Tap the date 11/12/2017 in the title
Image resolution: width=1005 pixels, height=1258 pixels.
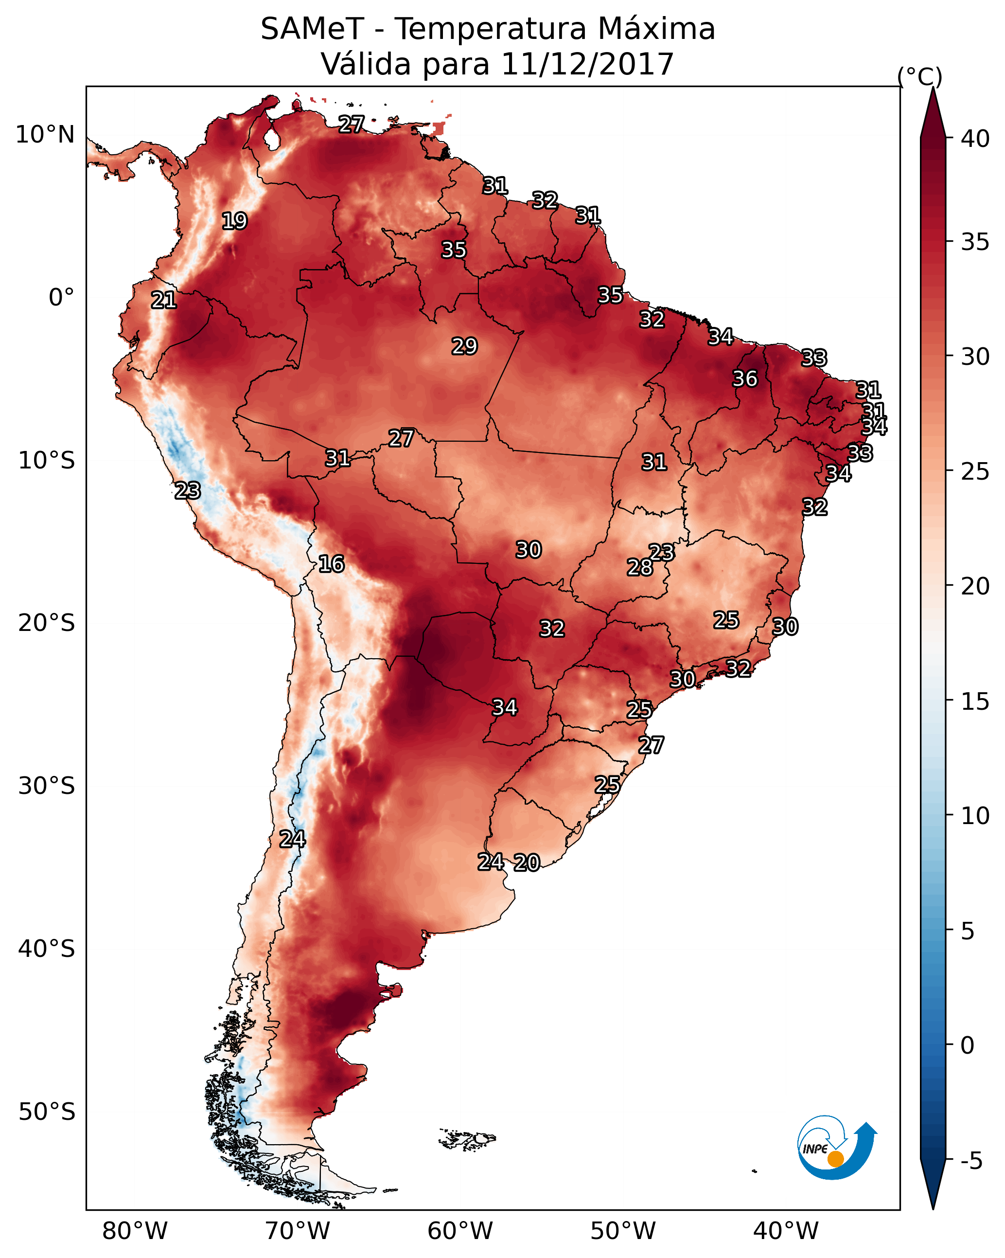click(x=587, y=64)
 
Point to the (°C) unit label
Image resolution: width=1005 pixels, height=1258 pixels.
click(x=919, y=76)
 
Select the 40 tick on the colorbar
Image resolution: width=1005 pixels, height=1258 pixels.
click(x=975, y=139)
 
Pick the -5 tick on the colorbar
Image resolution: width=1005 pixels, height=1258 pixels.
click(x=970, y=1162)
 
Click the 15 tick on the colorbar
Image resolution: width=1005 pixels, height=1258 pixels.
click(x=975, y=701)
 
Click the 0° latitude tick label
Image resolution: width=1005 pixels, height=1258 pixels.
click(x=61, y=298)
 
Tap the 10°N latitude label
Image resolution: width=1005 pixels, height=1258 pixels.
click(x=45, y=135)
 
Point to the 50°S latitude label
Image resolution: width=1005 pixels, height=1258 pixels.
click(x=47, y=1112)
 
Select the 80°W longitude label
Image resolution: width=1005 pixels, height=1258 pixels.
click(x=135, y=1231)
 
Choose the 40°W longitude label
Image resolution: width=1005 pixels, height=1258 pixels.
click(x=786, y=1231)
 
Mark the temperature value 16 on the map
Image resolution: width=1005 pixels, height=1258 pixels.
click(x=331, y=564)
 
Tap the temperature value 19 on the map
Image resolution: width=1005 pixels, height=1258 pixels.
click(x=234, y=221)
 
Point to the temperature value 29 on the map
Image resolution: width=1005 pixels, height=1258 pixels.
click(x=464, y=346)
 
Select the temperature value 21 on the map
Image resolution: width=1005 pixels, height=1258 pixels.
click(x=164, y=300)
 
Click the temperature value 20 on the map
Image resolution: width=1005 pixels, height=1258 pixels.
click(x=527, y=863)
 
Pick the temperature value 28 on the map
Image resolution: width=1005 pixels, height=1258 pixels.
click(x=640, y=567)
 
